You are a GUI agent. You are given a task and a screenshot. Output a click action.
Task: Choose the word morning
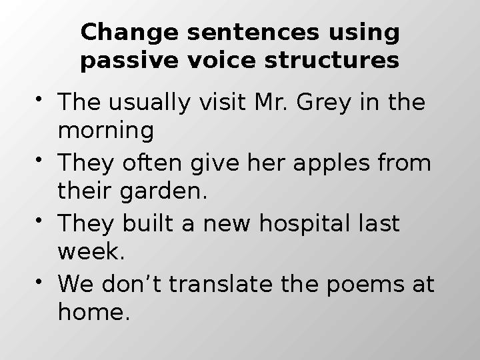click(x=106, y=131)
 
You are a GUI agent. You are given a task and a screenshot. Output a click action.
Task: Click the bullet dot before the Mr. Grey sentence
click(x=42, y=99)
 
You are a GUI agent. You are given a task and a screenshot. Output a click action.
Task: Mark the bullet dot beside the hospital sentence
click(x=42, y=219)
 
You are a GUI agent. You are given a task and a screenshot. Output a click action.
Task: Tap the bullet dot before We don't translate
click(x=42, y=280)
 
